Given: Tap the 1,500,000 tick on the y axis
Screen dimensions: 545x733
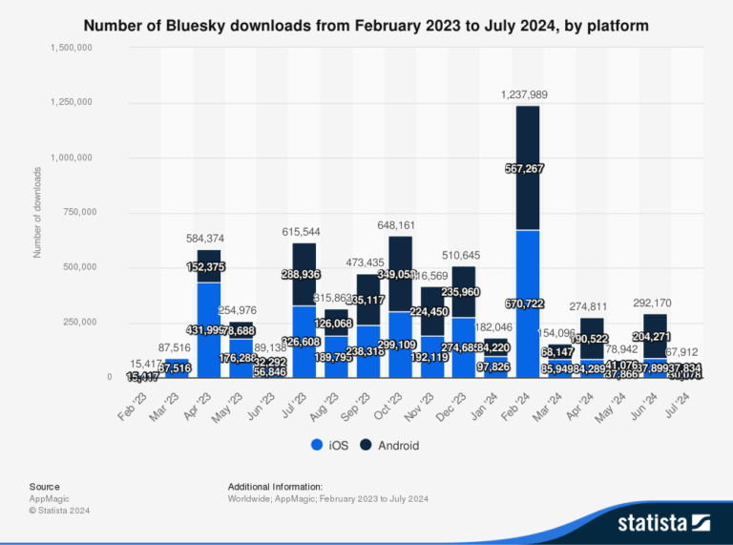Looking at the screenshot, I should pyautogui.click(x=71, y=48).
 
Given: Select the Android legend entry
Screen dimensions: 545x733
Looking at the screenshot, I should pyautogui.click(x=391, y=445).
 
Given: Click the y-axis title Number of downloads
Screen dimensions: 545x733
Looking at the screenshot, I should pyautogui.click(x=37, y=212).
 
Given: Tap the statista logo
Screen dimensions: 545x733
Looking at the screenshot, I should pyautogui.click(x=663, y=522).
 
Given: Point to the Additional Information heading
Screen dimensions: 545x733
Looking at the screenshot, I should pyautogui.click(x=275, y=486).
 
